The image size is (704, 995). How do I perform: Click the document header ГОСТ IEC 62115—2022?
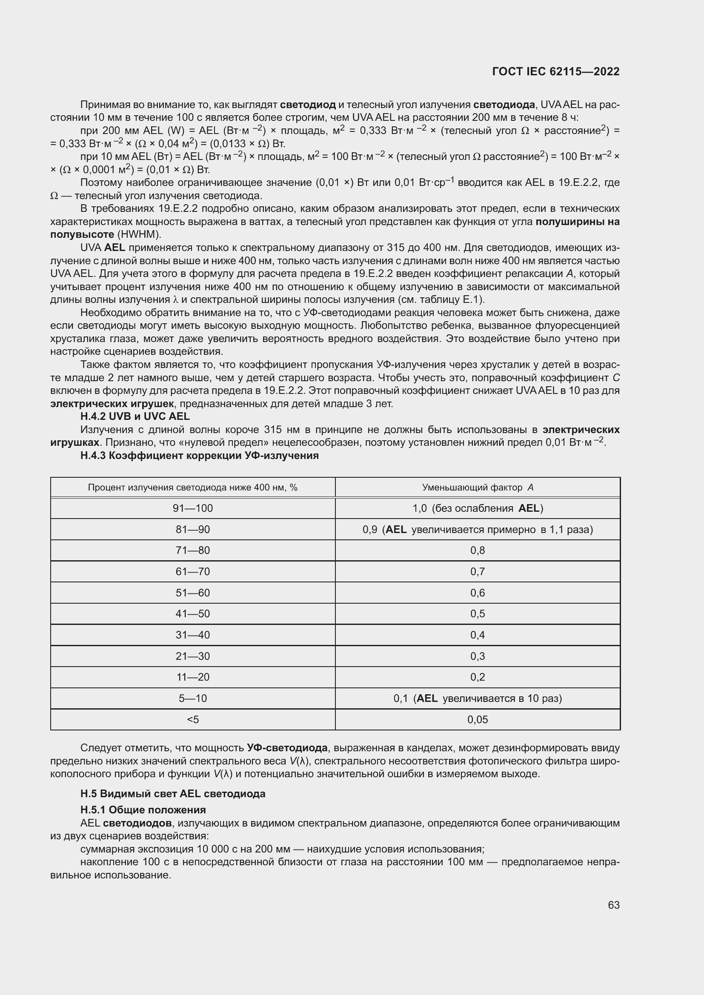[x=556, y=72]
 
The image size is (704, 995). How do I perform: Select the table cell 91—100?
[x=192, y=508]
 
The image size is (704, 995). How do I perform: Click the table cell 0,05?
[x=477, y=720]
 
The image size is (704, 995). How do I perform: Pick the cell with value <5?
[x=192, y=720]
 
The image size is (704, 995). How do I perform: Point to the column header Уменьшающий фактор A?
[x=477, y=488]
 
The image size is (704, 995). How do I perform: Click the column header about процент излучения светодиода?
[x=192, y=488]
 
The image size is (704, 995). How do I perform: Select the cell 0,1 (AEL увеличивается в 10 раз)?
[x=477, y=698]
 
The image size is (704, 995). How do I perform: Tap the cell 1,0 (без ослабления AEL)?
[x=477, y=508]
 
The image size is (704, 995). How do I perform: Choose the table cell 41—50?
[x=192, y=614]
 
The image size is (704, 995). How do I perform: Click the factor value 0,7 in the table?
[x=477, y=572]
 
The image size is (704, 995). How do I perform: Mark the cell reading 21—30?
[x=192, y=656]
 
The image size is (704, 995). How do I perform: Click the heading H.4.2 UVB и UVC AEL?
[x=135, y=416]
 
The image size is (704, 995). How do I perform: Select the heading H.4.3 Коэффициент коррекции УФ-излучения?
[x=199, y=456]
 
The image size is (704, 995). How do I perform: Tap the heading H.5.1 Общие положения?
[x=143, y=810]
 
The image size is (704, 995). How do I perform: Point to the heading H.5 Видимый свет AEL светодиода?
[x=172, y=794]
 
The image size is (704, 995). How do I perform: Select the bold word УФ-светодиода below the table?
[x=287, y=748]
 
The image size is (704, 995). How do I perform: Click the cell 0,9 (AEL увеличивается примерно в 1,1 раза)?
[x=477, y=530]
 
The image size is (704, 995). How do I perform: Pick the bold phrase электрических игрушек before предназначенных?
[x=112, y=404]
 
